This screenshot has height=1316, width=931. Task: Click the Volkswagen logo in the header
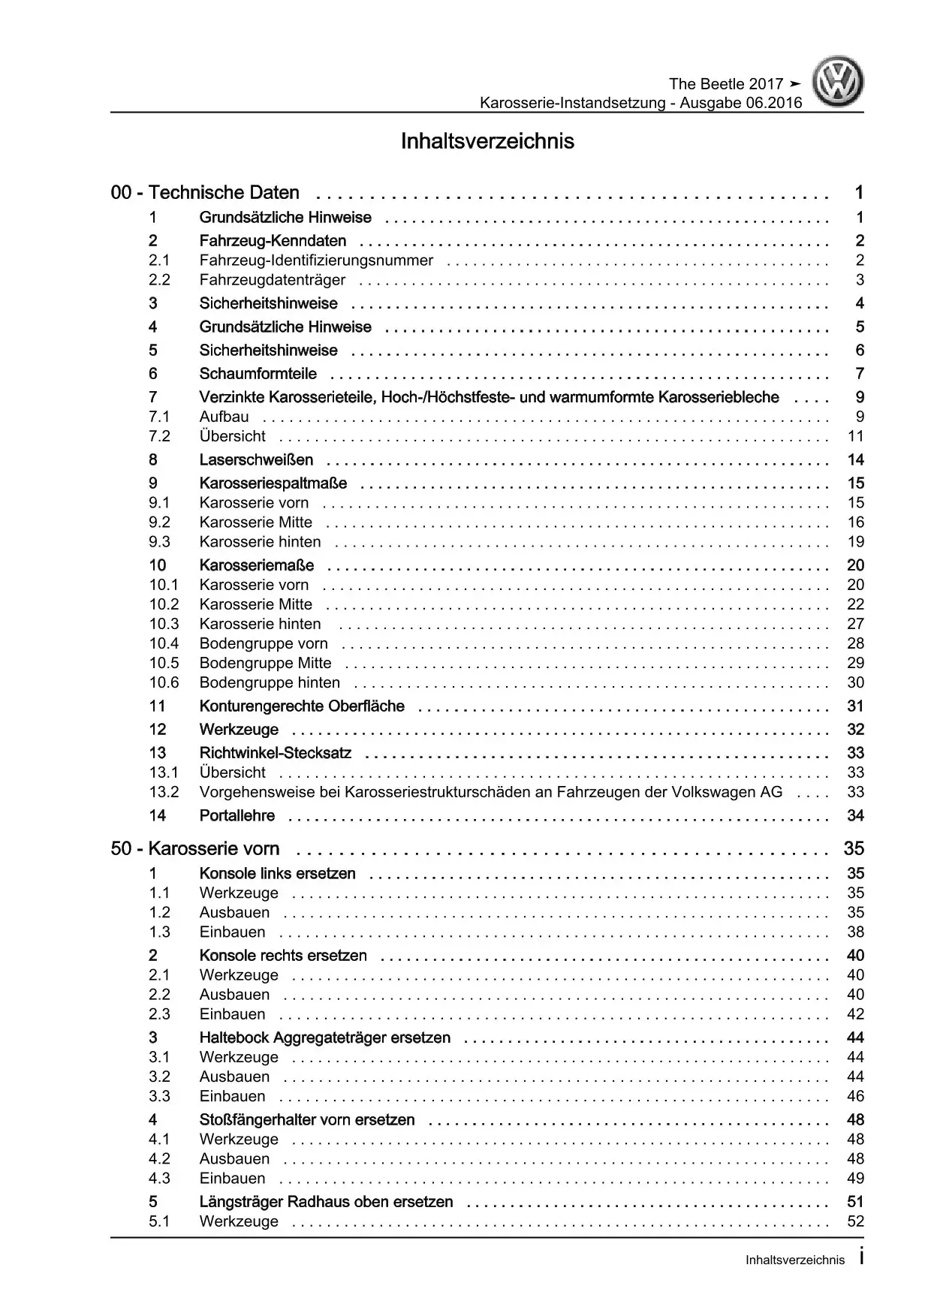pyautogui.click(x=840, y=84)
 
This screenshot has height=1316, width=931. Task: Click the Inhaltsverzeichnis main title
pyautogui.click(x=487, y=141)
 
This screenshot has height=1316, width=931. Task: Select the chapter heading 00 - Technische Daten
pyautogui.click(x=205, y=193)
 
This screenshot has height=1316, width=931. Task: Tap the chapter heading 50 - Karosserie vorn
pyautogui.click(x=195, y=849)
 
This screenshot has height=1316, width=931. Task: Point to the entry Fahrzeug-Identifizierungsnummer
pyautogui.click(x=316, y=260)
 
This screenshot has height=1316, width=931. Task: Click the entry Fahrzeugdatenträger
pyautogui.click(x=273, y=280)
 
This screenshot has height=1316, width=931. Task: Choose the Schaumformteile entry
pyautogui.click(x=258, y=374)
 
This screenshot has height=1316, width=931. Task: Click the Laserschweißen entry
pyautogui.click(x=256, y=460)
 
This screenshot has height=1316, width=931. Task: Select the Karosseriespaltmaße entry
pyautogui.click(x=273, y=483)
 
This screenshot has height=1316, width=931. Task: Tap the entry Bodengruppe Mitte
pyautogui.click(x=265, y=663)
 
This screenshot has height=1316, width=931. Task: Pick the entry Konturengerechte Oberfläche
pyautogui.click(x=302, y=706)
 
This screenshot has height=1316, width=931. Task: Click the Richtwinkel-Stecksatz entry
pyautogui.click(x=275, y=753)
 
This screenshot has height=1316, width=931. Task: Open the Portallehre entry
pyautogui.click(x=237, y=816)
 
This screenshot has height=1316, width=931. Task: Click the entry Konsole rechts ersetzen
pyautogui.click(x=283, y=956)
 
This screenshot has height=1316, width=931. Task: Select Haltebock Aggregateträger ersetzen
pyautogui.click(x=325, y=1038)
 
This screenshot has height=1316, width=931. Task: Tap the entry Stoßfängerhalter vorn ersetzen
pyautogui.click(x=307, y=1120)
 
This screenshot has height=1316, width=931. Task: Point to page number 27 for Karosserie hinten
pyautogui.click(x=855, y=624)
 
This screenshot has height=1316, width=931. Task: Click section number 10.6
pyautogui.click(x=164, y=682)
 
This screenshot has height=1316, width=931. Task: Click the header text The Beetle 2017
pyautogui.click(x=725, y=84)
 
